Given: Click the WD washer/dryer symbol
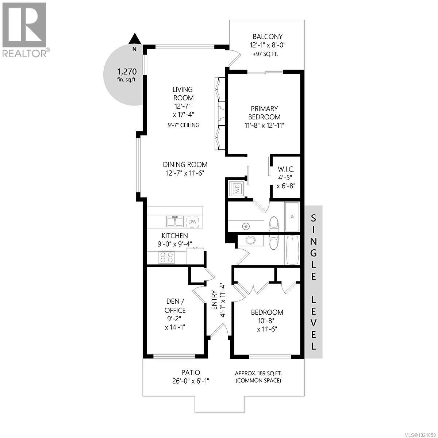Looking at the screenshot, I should pyautogui.click(x=237, y=189).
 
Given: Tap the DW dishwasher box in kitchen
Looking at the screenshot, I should pyautogui.click(x=192, y=222).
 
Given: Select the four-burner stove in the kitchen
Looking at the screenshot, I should pyautogui.click(x=167, y=258).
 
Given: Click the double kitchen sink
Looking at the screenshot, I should pyautogui.click(x=175, y=221).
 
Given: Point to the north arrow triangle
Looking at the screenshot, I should pyautogui.click(x=135, y=38).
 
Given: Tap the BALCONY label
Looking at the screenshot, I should pyautogui.click(x=268, y=36).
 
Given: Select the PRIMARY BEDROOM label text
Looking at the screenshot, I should pyautogui.click(x=264, y=113).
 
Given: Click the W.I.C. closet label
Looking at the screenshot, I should pyautogui.click(x=286, y=169).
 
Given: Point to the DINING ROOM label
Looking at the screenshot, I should pyautogui.click(x=185, y=165).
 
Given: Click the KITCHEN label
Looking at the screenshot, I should pyautogui.click(x=175, y=236).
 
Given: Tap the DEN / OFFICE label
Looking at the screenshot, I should pyautogui.click(x=175, y=306).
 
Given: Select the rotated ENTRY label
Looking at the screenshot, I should pyautogui.click(x=215, y=300).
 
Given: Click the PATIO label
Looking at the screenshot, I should pyautogui.click(x=191, y=373).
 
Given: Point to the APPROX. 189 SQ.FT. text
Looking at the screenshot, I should pyautogui.click(x=258, y=373).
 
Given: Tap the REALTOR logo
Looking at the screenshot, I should pyautogui.click(x=25, y=29).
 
